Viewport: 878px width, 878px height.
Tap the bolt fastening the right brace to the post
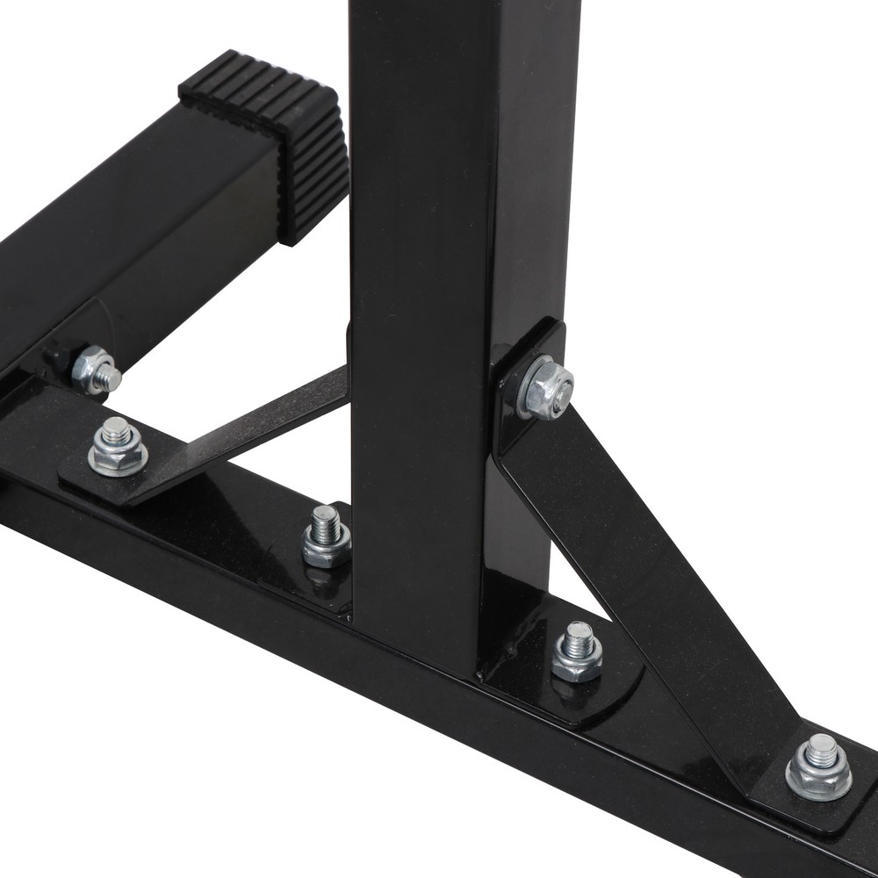(x=545, y=387)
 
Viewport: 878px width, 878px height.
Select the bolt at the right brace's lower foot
(x=819, y=767)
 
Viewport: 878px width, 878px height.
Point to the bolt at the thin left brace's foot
(x=118, y=448)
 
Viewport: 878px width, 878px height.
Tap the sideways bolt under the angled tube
(x=96, y=370)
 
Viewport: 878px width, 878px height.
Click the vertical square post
(x=421, y=263)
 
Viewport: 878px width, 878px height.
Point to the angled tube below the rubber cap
(x=132, y=228)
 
